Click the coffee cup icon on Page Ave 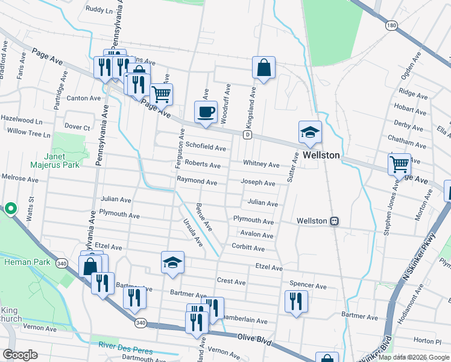(x=206, y=112)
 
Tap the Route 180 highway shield (x=392, y=25)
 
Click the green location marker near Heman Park (x=10, y=209)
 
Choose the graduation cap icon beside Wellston (x=310, y=133)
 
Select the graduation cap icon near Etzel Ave (x=172, y=262)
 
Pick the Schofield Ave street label (x=205, y=147)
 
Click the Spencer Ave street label (x=307, y=285)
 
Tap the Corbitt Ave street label (x=248, y=248)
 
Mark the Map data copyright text (x=413, y=357)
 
